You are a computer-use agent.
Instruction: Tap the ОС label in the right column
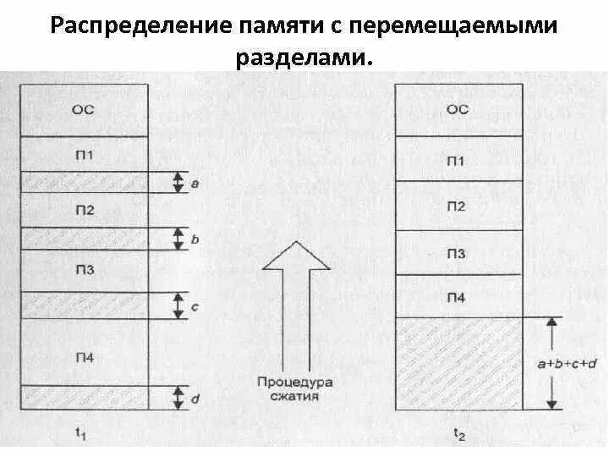457,108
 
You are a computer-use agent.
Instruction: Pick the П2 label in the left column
83,211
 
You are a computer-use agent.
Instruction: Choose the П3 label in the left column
83,270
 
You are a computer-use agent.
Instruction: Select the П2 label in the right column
457,206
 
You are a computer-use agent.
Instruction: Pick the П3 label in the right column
457,254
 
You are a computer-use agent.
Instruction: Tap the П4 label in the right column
457,297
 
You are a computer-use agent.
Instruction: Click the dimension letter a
195,182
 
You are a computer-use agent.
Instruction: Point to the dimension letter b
195,240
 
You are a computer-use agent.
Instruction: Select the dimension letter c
195,306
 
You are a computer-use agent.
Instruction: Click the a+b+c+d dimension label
568,364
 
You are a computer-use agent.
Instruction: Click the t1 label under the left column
82,433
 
